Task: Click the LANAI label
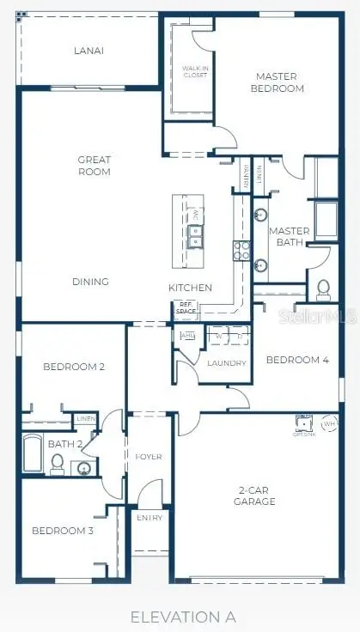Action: pos(88,51)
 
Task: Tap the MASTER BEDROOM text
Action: pos(278,82)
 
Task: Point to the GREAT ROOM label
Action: pos(94,165)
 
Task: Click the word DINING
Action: pos(90,282)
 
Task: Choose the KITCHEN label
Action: pos(190,288)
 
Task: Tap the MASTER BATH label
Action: pos(289,237)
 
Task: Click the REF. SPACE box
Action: pos(186,307)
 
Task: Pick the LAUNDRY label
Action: pos(227,363)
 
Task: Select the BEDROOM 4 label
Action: pos(297,361)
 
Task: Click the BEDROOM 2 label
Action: pos(74,367)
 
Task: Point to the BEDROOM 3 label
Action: pos(62,531)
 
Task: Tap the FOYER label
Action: pos(149,457)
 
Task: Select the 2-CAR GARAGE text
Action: pos(256,496)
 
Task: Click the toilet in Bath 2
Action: pos(58,464)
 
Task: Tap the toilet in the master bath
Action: pos(324,289)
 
